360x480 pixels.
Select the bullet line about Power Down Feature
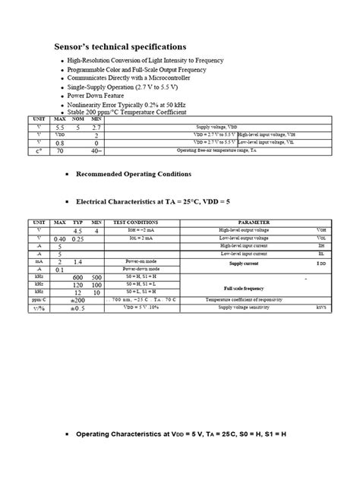click(x=98, y=96)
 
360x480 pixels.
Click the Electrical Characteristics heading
click(x=143, y=203)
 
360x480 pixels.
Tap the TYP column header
click(x=77, y=223)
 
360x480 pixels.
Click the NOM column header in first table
click(x=77, y=119)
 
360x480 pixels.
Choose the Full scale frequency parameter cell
click(x=244, y=289)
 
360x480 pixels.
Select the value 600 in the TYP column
click(x=77, y=277)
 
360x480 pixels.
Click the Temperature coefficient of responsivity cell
click(x=253, y=300)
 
